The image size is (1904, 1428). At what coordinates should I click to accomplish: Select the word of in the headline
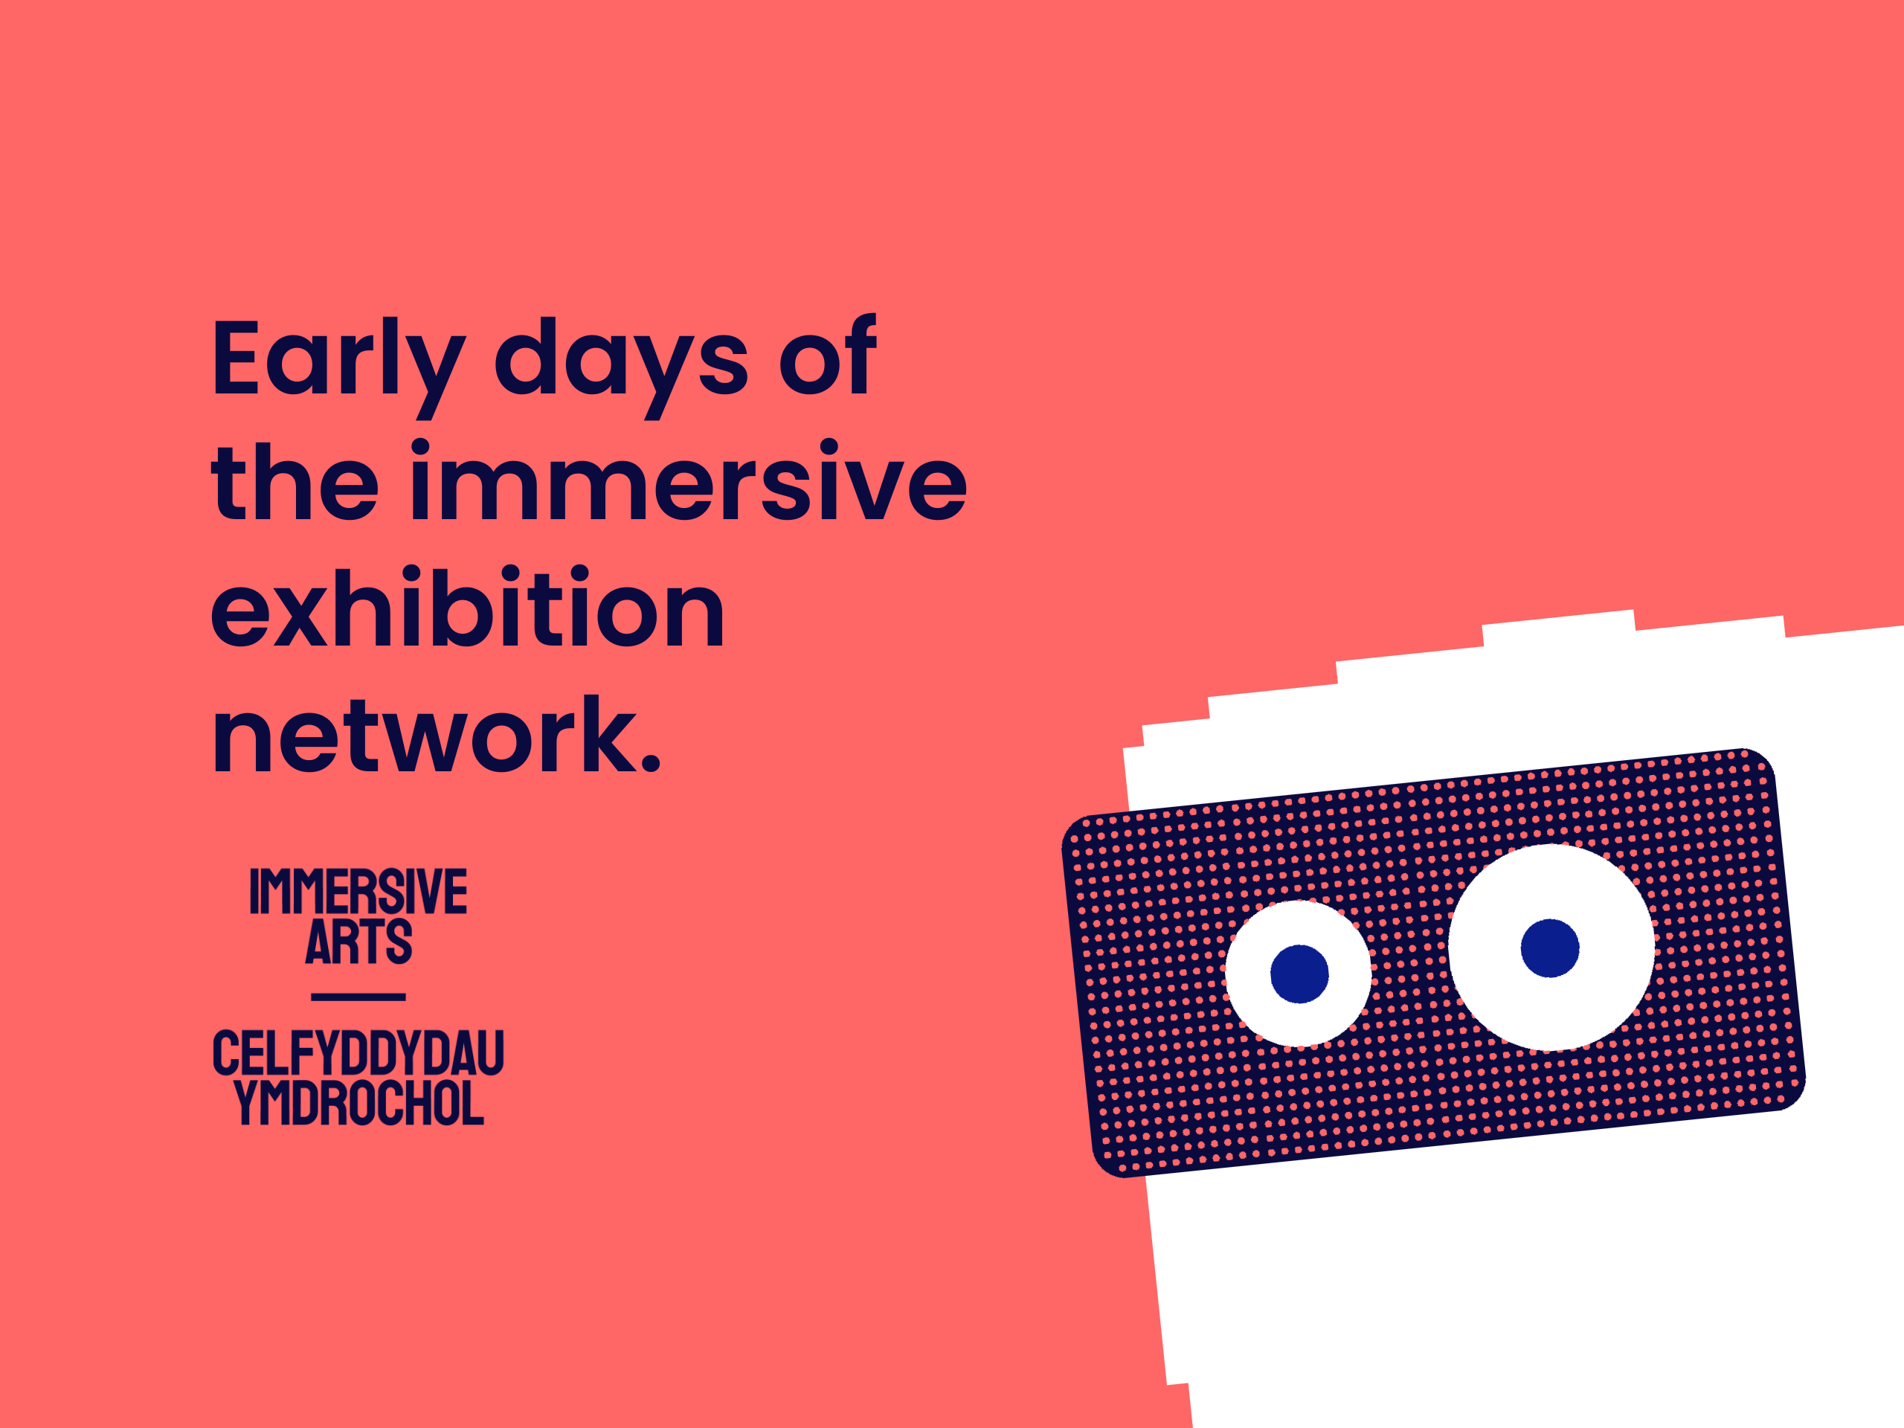(x=827, y=354)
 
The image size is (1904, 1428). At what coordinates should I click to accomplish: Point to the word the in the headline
(x=295, y=480)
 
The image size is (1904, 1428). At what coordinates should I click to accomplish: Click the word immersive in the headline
(x=689, y=480)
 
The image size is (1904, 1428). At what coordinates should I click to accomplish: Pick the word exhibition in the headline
(x=469, y=606)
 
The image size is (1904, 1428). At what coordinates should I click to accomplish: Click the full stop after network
(x=650, y=761)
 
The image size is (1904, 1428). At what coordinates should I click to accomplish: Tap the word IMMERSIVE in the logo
(x=358, y=891)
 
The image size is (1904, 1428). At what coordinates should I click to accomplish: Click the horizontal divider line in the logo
(x=358, y=997)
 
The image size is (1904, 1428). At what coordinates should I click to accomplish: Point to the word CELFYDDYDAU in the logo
(x=358, y=1052)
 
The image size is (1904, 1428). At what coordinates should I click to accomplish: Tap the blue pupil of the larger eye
(x=1550, y=948)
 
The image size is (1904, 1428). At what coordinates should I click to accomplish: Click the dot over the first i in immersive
(x=420, y=448)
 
